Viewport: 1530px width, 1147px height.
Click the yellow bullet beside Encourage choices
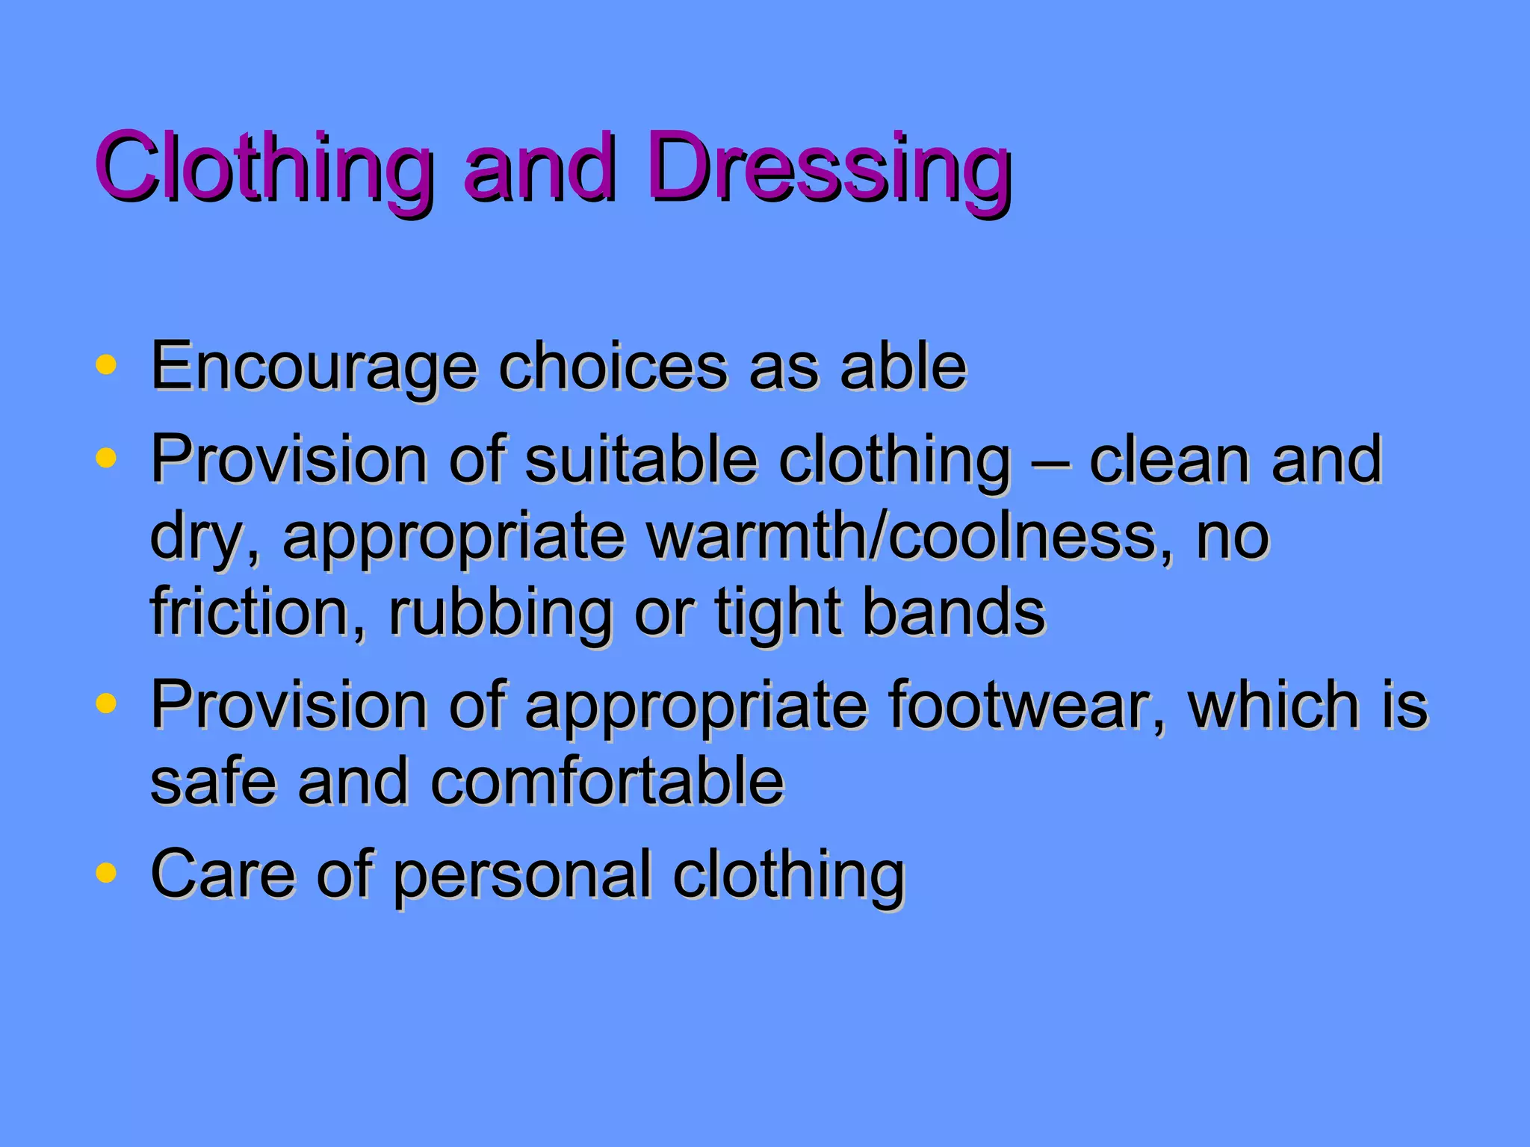pyautogui.click(x=106, y=364)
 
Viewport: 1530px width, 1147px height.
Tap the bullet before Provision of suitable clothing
pyautogui.click(x=106, y=457)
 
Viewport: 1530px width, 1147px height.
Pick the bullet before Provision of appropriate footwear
pyautogui.click(x=106, y=703)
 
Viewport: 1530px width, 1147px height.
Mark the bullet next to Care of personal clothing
pyautogui.click(x=106, y=871)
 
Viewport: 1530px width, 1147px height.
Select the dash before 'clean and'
pyautogui.click(x=1050, y=461)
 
